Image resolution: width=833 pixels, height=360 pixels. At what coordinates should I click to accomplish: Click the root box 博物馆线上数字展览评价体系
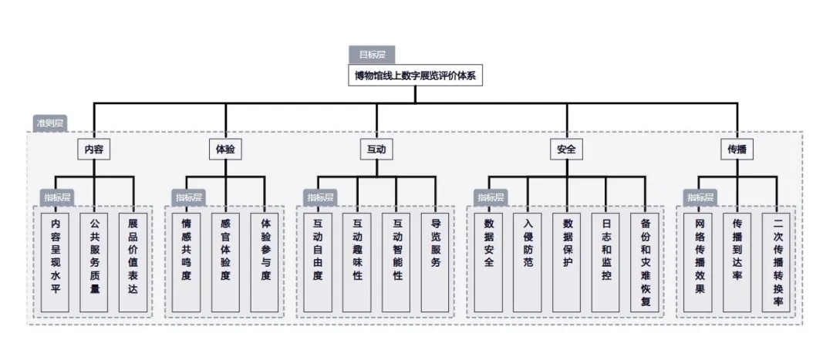(415, 75)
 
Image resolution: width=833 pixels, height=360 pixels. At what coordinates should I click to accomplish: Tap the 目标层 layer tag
(371, 55)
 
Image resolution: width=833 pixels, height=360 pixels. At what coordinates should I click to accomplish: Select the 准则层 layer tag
(50, 123)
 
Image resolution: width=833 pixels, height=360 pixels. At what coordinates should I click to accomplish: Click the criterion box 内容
(94, 149)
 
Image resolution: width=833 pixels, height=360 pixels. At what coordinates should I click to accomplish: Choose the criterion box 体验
(225, 149)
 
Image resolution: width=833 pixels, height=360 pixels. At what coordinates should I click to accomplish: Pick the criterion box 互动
(376, 149)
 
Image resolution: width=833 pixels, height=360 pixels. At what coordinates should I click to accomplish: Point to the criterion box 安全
(565, 149)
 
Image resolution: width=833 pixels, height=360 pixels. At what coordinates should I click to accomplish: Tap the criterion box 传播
(737, 149)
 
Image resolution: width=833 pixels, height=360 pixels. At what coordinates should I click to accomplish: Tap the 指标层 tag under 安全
(490, 197)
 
